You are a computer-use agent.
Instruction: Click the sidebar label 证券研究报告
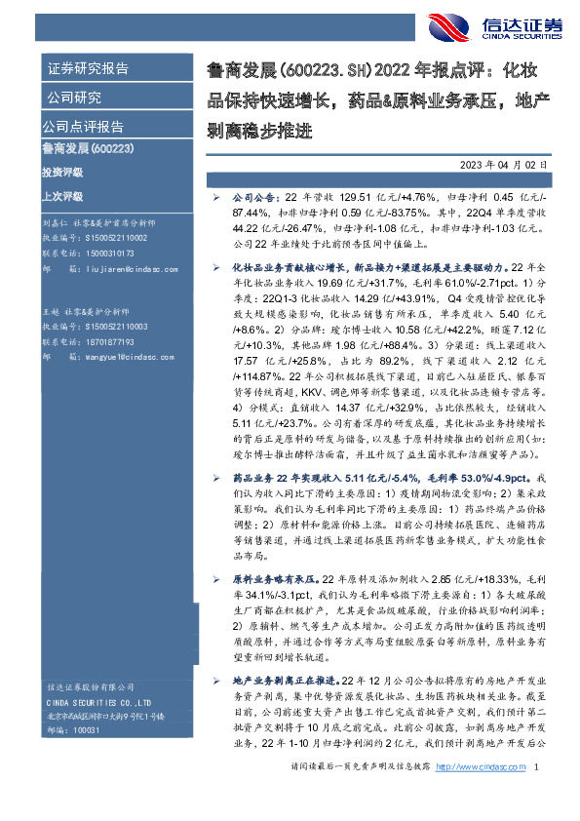[87, 69]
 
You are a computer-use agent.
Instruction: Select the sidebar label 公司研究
[74, 98]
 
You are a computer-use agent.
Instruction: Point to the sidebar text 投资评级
[62, 172]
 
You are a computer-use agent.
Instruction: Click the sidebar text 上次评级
[62, 195]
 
